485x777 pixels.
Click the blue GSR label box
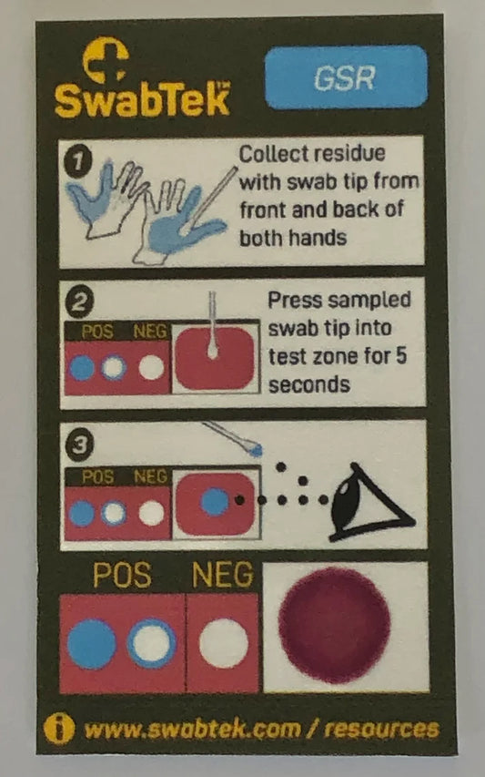point(345,77)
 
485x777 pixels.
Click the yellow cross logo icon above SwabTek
point(105,61)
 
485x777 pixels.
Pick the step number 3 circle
point(79,445)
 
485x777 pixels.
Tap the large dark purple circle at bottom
point(334,625)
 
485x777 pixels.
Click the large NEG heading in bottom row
point(223,576)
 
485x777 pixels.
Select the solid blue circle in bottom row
point(92,644)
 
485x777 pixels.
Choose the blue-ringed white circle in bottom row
point(151,644)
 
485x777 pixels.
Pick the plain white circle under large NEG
point(224,644)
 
